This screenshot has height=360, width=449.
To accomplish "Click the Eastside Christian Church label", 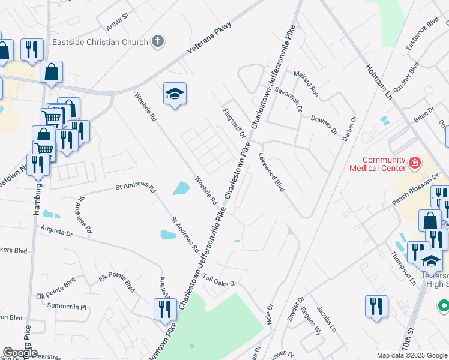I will coord(100,42).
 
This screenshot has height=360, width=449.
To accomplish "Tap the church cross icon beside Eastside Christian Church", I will coord(157,42).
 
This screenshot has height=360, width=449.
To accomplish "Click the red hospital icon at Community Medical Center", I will coord(414,162).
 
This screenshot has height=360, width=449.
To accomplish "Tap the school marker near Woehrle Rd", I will coord(175,94).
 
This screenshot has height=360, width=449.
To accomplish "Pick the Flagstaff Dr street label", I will coord(234,123).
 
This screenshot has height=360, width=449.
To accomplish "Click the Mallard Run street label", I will coord(306,83).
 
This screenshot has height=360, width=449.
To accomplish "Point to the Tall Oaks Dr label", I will coord(220,280).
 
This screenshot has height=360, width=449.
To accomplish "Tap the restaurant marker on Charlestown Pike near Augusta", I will coord(162,310).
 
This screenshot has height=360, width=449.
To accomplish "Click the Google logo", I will coord(20,353).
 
